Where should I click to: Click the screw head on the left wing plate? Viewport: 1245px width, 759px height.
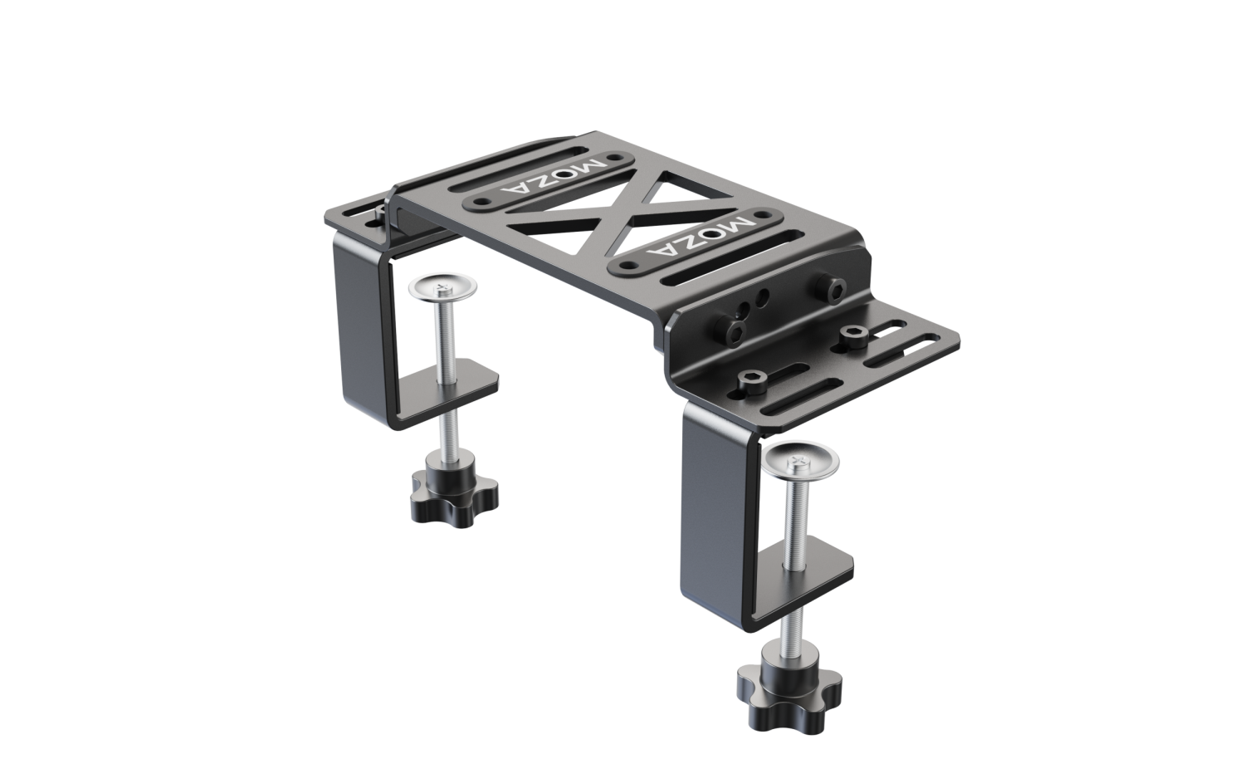pyautogui.click(x=381, y=214)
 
